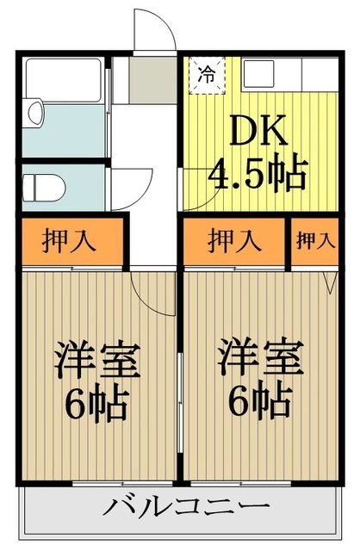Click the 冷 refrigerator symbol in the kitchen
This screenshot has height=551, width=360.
pos(207,77)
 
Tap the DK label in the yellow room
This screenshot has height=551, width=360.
pos(258,130)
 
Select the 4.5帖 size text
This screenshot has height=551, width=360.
pos(258,173)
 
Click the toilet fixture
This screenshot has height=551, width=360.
pos(44,188)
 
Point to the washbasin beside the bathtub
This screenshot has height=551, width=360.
pos(33,113)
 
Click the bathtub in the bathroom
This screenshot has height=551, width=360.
pos(64,80)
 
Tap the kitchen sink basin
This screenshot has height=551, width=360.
pos(258,74)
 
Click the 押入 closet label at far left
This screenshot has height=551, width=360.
pos(69,242)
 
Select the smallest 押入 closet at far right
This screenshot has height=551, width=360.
pos(315,241)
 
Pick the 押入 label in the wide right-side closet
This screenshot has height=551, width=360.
pos(234,241)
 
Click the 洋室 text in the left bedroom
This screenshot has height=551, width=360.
pos(97,358)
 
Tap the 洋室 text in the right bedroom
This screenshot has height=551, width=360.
pos(260,357)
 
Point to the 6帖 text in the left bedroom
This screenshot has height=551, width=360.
pos(96,403)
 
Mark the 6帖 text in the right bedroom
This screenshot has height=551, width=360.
pos(260,399)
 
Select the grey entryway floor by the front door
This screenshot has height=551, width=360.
pos(152,80)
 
